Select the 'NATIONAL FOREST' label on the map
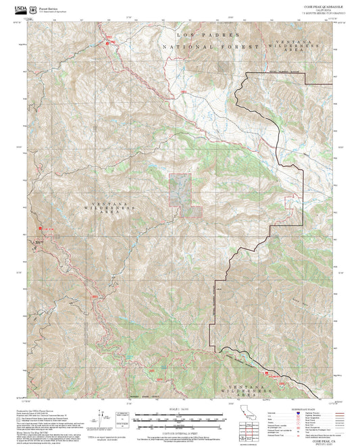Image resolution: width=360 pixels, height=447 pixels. click(210, 47)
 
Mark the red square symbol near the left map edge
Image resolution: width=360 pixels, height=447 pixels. click(41, 229)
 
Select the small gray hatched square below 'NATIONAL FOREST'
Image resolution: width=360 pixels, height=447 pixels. click(223, 67)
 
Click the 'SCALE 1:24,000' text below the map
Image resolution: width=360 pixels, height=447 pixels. click(180, 409)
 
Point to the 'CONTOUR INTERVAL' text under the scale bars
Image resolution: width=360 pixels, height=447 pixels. click(180, 430)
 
